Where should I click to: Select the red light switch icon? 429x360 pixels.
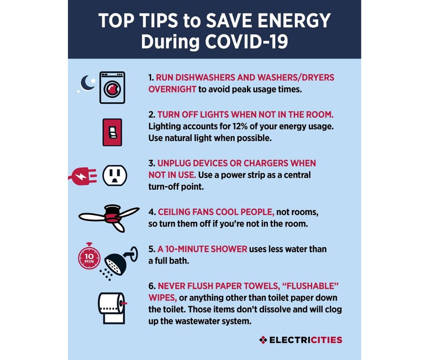coord(112,132)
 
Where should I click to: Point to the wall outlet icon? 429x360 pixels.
coord(115,175)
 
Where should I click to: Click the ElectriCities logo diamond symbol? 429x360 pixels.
coord(262,340)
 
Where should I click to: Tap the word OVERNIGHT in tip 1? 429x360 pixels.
coord(173,89)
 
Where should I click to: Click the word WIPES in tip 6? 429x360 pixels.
coord(162,297)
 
